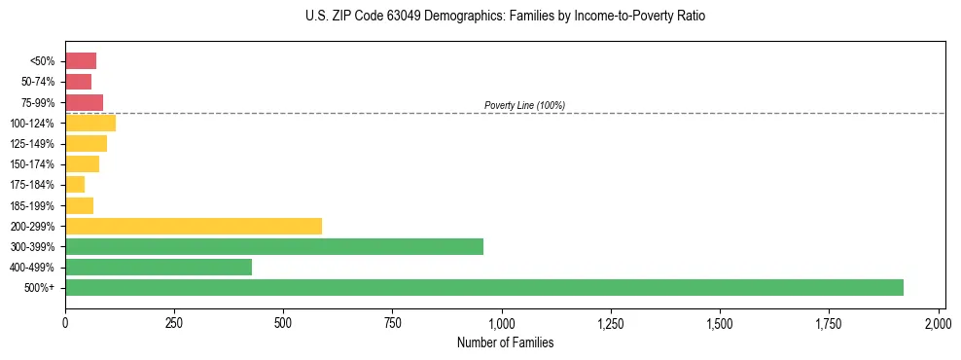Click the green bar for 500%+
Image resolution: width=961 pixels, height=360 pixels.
coord(483,287)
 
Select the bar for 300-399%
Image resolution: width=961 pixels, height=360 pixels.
coord(273,246)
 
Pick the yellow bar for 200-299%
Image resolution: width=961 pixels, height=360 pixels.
coord(193,226)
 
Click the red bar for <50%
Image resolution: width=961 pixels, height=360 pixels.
coord(81,61)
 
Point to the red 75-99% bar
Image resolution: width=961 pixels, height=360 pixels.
coord(84,102)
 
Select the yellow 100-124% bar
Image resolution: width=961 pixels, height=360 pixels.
coord(90,123)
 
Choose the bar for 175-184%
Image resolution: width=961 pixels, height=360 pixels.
coord(75,185)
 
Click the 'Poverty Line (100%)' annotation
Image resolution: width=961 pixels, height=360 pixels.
coord(524,105)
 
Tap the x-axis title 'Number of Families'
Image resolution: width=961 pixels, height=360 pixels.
coord(505,342)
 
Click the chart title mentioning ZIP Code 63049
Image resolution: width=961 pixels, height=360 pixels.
coord(505,17)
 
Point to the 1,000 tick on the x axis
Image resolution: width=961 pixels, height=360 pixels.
coord(502,321)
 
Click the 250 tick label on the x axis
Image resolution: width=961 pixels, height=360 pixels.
coord(174,321)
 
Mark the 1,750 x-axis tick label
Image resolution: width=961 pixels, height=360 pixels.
coord(720,321)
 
